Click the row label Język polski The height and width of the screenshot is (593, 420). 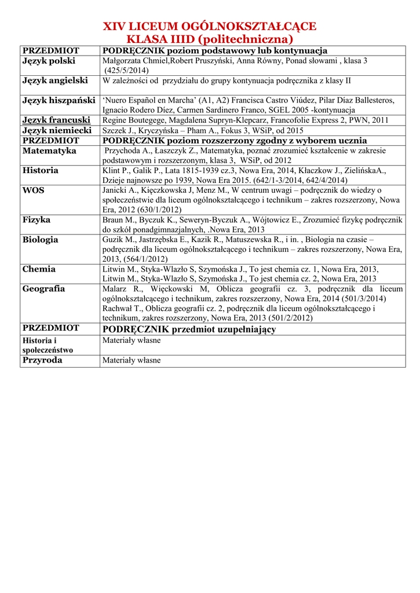pyautogui.click(x=49, y=61)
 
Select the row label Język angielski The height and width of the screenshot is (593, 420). pyautogui.click(x=55, y=80)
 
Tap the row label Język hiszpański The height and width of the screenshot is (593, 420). pyautogui.click(x=59, y=100)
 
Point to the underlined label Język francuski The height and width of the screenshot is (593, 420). pyautogui.click(x=56, y=120)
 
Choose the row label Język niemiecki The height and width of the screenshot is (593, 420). pyautogui.click(x=57, y=130)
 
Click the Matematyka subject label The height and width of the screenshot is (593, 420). pyautogui.click(x=49, y=151)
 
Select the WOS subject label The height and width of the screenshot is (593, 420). pyautogui.click(x=33, y=190)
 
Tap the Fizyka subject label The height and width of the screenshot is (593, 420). pyautogui.click(x=36, y=220)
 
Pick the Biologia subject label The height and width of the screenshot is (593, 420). pyautogui.click(x=40, y=240)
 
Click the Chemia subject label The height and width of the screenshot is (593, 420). pyautogui.click(x=39, y=269)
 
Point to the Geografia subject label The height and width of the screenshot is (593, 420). pyautogui.click(x=43, y=289)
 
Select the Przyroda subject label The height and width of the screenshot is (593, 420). pyautogui.click(x=42, y=360)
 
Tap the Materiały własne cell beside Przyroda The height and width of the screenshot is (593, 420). pyautogui.click(x=132, y=360)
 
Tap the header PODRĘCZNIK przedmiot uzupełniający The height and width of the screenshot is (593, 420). pyautogui.click(x=189, y=330)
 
